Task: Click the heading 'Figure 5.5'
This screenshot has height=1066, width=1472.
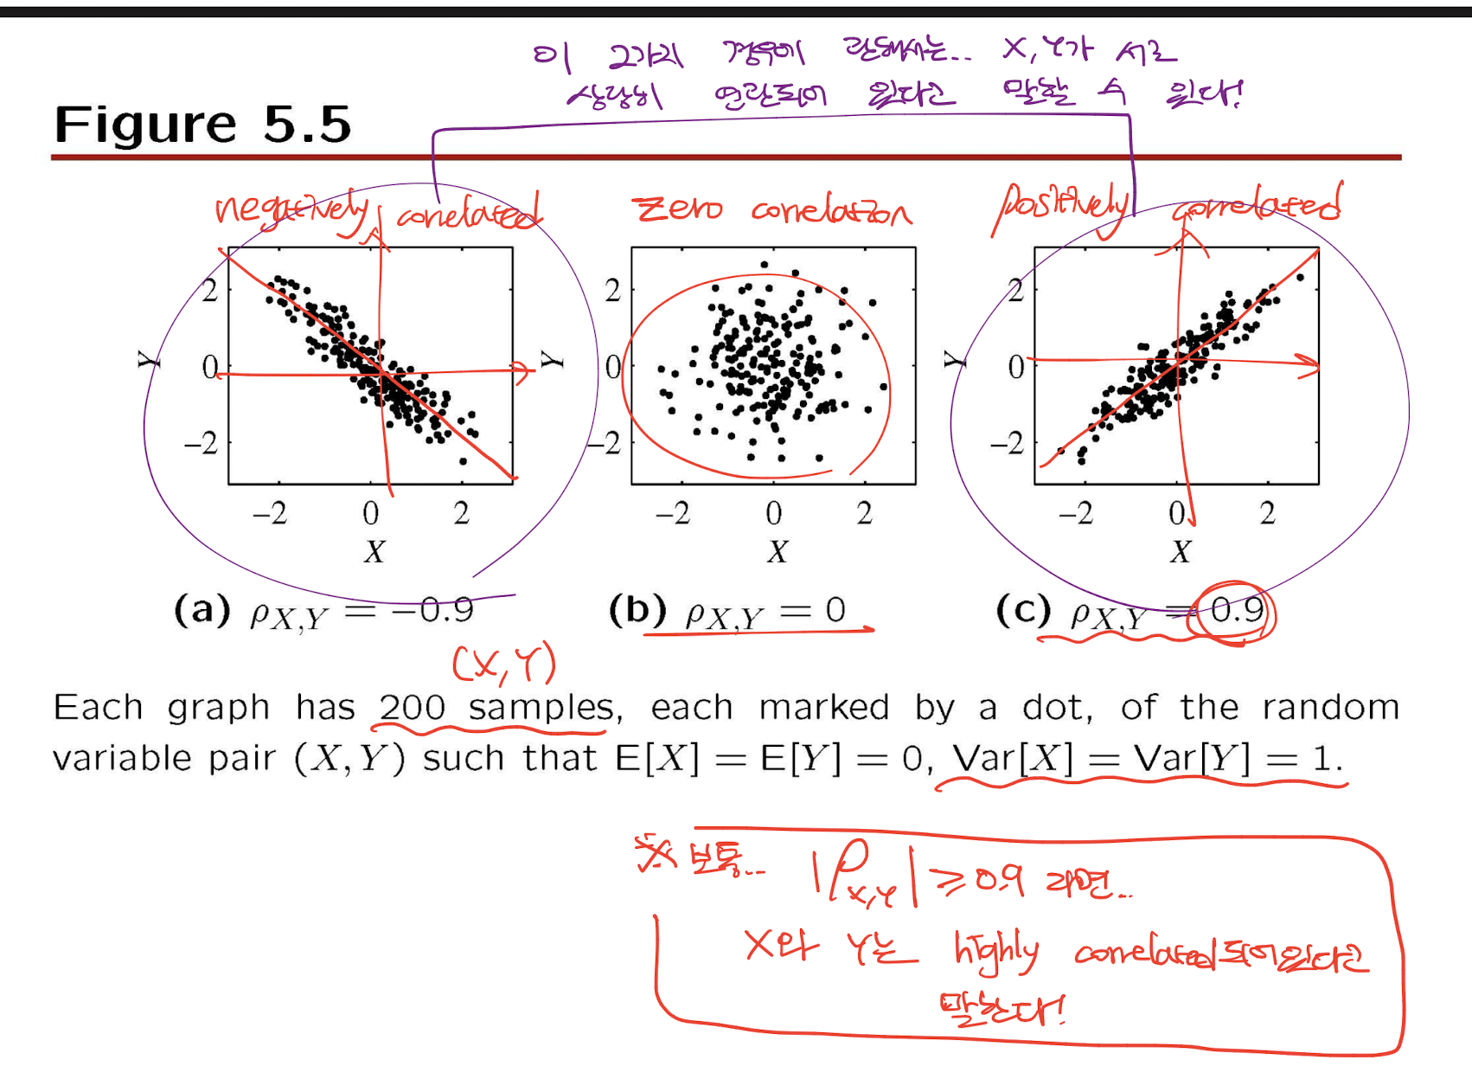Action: coord(202,124)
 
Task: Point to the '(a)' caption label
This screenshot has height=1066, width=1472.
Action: coord(202,609)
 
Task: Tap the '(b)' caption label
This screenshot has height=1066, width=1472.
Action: coord(637,609)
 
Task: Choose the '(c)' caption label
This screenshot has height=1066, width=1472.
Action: coord(1023,609)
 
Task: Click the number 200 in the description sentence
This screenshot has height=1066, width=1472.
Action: coord(412,708)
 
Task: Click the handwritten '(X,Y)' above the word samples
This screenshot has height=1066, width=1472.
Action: coord(504,665)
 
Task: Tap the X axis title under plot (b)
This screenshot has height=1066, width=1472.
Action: coord(777,551)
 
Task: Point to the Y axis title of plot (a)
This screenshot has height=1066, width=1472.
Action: coord(149,359)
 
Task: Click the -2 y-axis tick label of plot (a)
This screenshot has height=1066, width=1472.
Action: coord(201,444)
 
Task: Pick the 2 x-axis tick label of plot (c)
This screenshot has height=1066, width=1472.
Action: coord(1267,513)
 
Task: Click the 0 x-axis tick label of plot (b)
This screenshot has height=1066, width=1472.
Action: coord(773,513)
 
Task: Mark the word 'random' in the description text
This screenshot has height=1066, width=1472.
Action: coord(1330,708)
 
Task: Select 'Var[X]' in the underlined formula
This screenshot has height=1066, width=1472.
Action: coord(1012,759)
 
